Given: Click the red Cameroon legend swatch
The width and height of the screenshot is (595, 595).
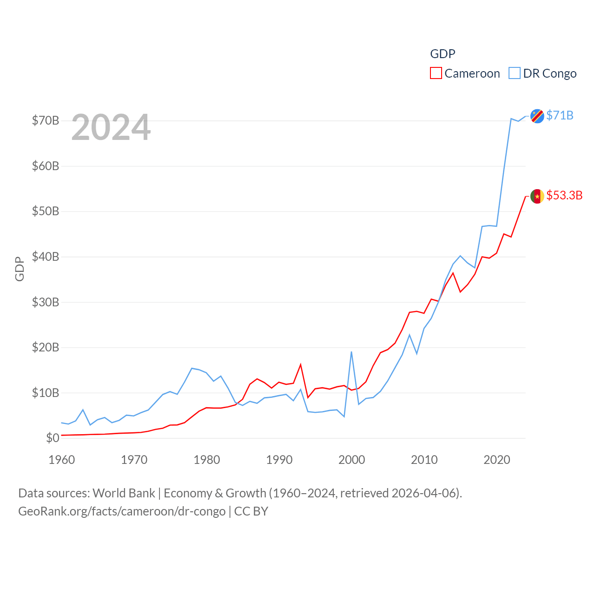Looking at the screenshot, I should (x=436, y=73).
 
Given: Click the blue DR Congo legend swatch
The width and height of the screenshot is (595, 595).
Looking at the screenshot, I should (x=514, y=73).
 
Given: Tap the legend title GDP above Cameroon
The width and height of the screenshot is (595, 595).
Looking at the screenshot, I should (x=443, y=54).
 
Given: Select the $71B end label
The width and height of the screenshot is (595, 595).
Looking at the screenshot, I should (x=560, y=115).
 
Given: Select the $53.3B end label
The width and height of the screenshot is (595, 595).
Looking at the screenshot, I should (x=564, y=195).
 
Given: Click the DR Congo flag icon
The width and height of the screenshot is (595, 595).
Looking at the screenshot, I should (x=537, y=116).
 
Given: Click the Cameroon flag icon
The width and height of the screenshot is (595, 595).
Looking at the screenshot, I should (x=537, y=196).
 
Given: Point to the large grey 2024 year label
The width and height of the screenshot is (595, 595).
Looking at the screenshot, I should (x=111, y=127).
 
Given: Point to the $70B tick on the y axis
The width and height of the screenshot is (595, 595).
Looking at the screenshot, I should (x=46, y=121).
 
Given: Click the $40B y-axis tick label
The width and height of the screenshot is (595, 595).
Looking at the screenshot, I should (x=46, y=257).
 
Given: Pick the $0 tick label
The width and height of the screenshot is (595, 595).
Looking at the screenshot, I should (x=53, y=438).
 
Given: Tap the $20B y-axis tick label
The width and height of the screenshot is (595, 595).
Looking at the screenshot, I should (x=46, y=347).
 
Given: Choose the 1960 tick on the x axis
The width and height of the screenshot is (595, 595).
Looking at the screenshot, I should (x=62, y=460).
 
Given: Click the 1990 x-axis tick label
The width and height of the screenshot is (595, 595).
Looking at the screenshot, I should (x=279, y=460).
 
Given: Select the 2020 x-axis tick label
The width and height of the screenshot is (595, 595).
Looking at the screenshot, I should (x=497, y=460).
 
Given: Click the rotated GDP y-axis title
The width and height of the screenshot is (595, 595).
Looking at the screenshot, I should (x=20, y=269).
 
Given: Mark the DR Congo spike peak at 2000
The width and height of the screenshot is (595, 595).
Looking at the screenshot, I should (x=351, y=352).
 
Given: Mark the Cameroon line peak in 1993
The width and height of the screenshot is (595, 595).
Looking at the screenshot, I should (x=301, y=364).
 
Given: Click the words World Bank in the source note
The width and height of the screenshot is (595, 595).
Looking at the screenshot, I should (x=124, y=493).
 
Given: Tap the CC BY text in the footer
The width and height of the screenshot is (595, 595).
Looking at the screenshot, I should (x=251, y=511).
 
